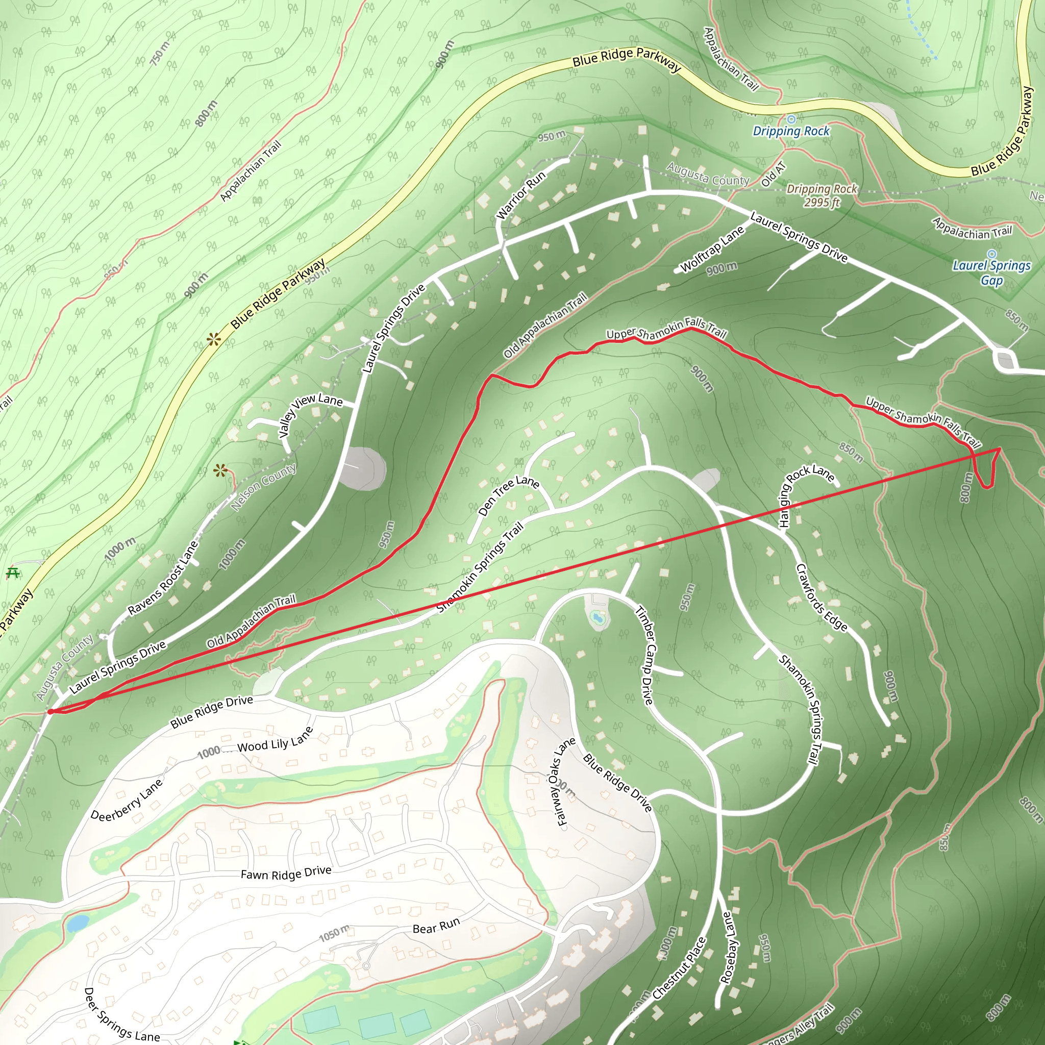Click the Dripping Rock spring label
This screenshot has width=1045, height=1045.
pyautogui.click(x=791, y=131)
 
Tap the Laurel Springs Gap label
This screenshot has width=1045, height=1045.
pyautogui.click(x=991, y=272)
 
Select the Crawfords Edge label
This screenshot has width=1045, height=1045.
pyautogui.click(x=821, y=597)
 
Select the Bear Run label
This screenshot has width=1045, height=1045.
pyautogui.click(x=436, y=926)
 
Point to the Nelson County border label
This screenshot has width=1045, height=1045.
pyautogui.click(x=263, y=487)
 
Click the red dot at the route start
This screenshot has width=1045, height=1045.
pyautogui.click(x=51, y=712)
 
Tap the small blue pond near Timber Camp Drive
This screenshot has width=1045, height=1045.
pyautogui.click(x=597, y=618)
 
